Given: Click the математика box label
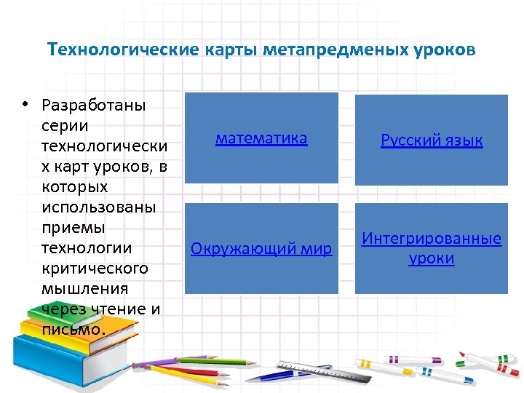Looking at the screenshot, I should point(261,138).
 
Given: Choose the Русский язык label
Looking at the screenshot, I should point(432,140).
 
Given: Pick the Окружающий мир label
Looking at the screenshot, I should point(261,249).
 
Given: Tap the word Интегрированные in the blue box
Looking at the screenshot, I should point(432,239).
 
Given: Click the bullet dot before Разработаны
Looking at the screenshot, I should point(25,104).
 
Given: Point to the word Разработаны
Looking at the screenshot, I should point(94,106).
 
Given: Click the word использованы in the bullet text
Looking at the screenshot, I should point(99,207).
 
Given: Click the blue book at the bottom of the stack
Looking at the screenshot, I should point(58,357).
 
